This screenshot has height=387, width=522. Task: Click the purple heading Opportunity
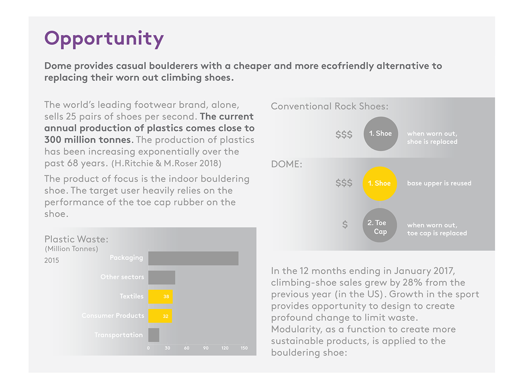104,39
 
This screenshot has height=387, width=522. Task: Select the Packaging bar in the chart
193,258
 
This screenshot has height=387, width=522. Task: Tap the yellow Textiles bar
160,296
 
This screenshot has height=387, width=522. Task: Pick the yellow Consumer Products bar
160,316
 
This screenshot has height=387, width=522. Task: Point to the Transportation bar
154,335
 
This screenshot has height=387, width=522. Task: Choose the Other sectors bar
161,277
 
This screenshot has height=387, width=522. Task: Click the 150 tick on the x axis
244,348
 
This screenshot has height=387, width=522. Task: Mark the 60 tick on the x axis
186,348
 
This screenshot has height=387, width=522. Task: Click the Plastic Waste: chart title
76,239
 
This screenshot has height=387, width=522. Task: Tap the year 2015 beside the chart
51,260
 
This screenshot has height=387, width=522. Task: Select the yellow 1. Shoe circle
380,183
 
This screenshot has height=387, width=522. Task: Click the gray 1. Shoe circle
380,134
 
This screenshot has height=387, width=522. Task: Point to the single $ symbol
345,225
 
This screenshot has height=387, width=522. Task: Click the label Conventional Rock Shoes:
330,107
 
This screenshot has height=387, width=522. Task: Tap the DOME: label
286,164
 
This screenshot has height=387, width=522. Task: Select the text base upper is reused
439,183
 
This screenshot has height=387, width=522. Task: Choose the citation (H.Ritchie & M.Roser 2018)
166,163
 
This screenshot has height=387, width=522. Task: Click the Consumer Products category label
113,315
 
